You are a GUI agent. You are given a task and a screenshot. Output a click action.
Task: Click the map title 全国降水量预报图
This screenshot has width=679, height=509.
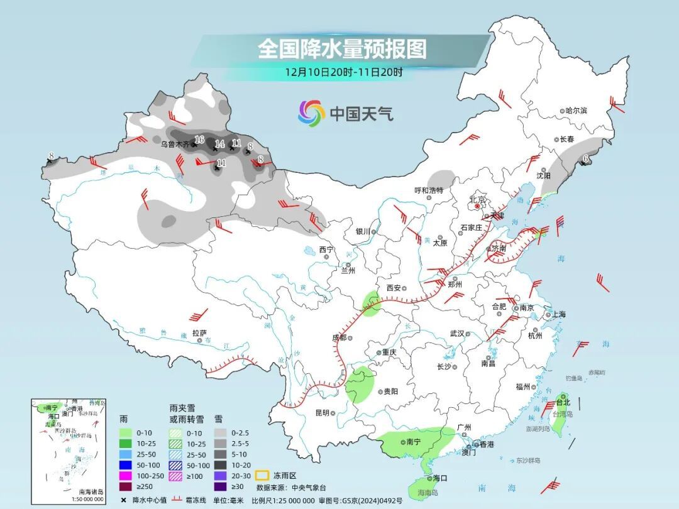(342, 49)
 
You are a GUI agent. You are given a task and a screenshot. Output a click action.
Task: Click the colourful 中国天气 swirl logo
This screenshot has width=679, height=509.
(311, 113)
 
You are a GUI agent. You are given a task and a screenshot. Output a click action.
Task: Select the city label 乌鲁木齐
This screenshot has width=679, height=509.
(174, 144)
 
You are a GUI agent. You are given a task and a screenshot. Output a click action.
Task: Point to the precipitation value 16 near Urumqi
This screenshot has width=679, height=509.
(199, 139)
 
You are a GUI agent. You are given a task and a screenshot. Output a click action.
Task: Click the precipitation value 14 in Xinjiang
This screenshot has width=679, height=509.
(219, 144)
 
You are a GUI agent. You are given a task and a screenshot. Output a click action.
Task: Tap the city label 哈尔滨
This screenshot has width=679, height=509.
(575, 111)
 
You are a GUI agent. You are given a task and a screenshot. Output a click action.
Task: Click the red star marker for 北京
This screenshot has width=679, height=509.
(477, 206)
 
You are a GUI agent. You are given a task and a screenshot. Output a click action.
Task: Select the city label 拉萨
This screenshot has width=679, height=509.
(199, 333)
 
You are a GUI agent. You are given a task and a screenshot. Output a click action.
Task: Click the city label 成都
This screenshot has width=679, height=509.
(339, 337)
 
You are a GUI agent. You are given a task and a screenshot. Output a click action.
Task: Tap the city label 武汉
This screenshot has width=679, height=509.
(456, 334)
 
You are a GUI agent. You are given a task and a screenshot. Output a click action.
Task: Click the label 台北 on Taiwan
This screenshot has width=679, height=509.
(563, 402)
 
